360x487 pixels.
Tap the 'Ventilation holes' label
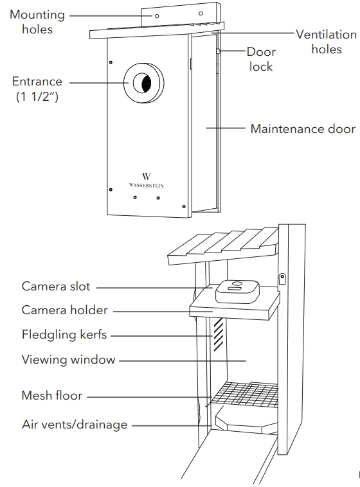click(x=326, y=42)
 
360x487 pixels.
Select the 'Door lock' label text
click(x=260, y=59)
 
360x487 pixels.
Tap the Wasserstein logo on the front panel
click(x=147, y=179)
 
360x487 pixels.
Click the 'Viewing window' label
click(x=68, y=360)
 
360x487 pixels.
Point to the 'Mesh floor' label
click(x=52, y=396)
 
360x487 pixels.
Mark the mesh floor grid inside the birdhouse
click(x=245, y=393)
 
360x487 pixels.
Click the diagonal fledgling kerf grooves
click(x=218, y=335)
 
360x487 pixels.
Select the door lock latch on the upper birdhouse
click(x=220, y=51)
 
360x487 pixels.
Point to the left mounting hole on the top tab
click(x=157, y=15)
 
